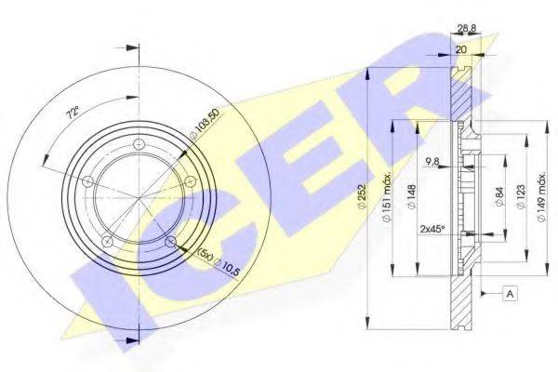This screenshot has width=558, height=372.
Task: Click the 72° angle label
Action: (73, 113)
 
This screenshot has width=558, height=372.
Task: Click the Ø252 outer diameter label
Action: (362, 197)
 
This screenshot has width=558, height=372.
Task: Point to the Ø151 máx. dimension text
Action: (386, 196)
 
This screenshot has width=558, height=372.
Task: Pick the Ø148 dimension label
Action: (412, 197)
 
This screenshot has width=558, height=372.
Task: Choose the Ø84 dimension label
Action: (498, 197)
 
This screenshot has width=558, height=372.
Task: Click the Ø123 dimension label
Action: (520, 197)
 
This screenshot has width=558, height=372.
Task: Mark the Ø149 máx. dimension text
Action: (541, 196)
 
